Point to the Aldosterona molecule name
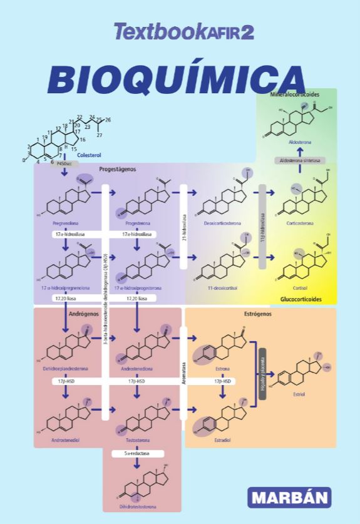tap(299, 143)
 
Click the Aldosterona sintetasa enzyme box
tap(299, 160)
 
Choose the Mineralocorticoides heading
tap(295, 94)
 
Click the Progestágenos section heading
tap(117, 169)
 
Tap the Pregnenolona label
tap(65, 222)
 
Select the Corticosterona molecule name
tap(299, 222)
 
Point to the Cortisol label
tap(299, 288)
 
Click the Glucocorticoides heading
tap(301, 299)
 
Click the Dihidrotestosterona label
tap(137, 506)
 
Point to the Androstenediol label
tap(65, 441)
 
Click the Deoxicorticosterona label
tap(222, 222)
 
